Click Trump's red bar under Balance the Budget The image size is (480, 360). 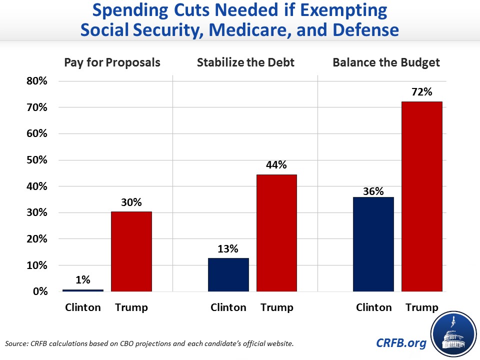click(x=422, y=196)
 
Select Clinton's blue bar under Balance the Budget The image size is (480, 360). click(x=373, y=244)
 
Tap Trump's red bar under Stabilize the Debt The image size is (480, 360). click(x=276, y=233)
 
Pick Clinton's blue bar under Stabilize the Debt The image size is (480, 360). click(x=228, y=274)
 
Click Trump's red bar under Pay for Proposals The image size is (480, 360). click(x=131, y=251)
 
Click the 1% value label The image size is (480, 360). click(x=83, y=280)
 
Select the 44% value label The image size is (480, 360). click(x=276, y=165)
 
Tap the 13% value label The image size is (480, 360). click(x=228, y=248)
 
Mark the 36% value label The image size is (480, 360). click(x=373, y=191)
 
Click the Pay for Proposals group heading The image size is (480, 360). click(x=112, y=63)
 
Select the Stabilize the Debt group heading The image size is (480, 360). click(x=245, y=63)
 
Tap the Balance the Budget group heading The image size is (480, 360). click(x=386, y=63)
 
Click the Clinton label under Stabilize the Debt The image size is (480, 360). click(x=228, y=307)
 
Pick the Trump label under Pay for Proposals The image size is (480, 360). click(x=131, y=307)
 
